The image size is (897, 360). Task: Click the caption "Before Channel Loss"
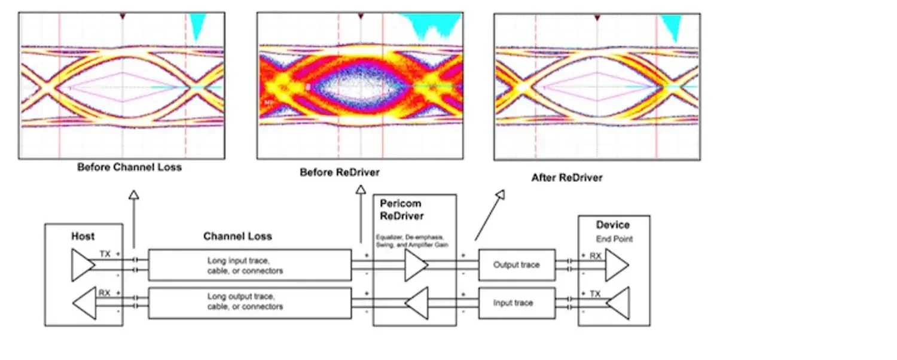(129, 167)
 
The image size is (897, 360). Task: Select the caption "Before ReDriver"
(339, 172)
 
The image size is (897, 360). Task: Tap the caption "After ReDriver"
(566, 178)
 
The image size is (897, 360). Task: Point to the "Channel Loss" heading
(237, 236)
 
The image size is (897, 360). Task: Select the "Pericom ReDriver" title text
(402, 209)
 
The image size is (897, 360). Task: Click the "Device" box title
(613, 225)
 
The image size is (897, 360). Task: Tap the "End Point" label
(613, 239)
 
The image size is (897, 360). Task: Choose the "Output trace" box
(517, 265)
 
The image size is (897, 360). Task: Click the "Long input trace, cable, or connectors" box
(249, 266)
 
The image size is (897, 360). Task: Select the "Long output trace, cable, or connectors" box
(249, 303)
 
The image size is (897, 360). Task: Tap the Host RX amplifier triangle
(84, 303)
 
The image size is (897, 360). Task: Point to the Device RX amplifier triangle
(617, 265)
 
